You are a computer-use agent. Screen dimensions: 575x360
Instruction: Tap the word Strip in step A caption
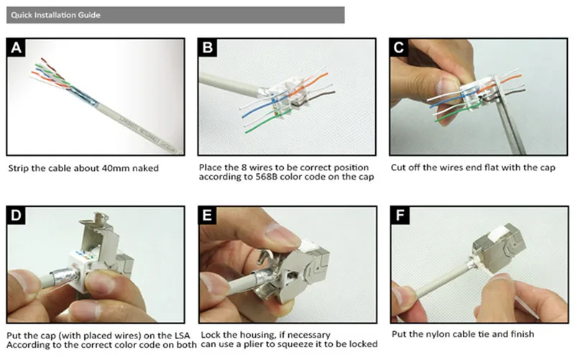[x=19, y=169]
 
